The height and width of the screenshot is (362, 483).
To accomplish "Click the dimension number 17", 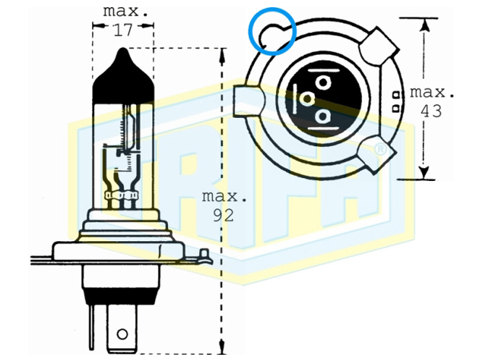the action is click(123, 30).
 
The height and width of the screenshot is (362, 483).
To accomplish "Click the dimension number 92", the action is click(224, 215).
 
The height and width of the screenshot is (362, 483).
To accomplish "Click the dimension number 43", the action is click(432, 111).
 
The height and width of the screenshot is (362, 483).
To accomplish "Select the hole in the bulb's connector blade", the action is click(122, 334).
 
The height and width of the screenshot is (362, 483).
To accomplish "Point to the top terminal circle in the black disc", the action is click(323, 83).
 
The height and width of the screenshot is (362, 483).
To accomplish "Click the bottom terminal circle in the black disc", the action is click(322, 117).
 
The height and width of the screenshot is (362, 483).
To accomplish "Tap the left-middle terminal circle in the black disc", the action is click(307, 99).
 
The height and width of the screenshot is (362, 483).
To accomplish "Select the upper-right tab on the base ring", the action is click(379, 47).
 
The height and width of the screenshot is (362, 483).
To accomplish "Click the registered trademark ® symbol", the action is click(381, 149).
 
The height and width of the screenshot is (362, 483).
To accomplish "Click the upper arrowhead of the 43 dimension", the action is click(424, 25).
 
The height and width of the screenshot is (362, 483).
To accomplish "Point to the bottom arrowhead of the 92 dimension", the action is click(222, 347).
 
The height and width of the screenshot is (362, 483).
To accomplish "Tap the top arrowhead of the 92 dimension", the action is click(222, 56).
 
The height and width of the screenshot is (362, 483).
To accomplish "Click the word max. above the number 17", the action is click(125, 12).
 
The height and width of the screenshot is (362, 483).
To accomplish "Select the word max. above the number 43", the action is click(432, 93).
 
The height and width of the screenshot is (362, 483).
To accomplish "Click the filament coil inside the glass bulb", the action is click(125, 130).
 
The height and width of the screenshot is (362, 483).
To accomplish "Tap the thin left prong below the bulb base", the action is click(91, 327).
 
